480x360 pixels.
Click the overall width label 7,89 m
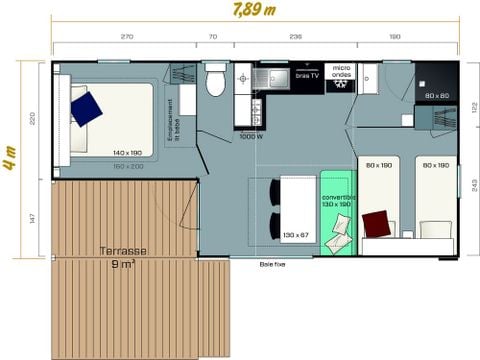pos(255,13)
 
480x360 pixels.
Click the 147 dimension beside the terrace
pos(33,218)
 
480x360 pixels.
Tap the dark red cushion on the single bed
pos(376,222)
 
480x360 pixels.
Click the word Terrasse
pos(125,252)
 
